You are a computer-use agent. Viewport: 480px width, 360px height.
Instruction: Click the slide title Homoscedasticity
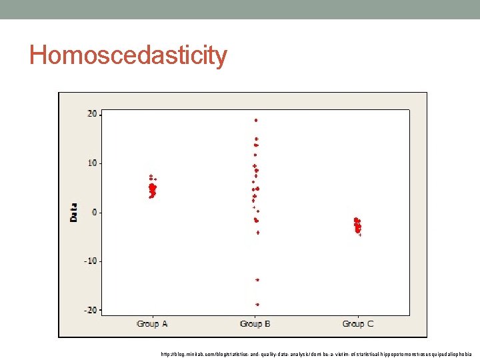(x=128, y=55)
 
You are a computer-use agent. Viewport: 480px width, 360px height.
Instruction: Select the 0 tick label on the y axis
(x=95, y=212)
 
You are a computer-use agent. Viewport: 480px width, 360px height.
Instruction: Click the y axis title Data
(x=74, y=212)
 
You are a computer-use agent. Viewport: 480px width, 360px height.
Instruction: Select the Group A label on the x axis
(x=152, y=324)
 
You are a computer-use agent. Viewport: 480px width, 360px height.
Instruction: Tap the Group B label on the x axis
(x=255, y=324)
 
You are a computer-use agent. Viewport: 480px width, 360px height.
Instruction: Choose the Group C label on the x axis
(x=358, y=324)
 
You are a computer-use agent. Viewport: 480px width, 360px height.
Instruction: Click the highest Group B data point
(x=256, y=121)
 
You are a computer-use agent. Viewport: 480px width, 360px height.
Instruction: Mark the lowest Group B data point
(x=257, y=305)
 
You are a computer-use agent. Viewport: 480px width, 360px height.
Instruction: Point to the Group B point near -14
(x=257, y=280)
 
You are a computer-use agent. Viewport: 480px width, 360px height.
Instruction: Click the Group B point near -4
(x=258, y=233)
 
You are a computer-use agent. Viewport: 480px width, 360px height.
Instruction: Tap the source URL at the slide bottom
(x=316, y=354)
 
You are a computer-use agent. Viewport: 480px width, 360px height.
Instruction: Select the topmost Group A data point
(x=151, y=176)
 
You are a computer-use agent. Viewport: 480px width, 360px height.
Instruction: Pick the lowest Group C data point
(x=360, y=235)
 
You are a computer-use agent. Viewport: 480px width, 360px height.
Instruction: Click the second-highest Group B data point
(x=257, y=139)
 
